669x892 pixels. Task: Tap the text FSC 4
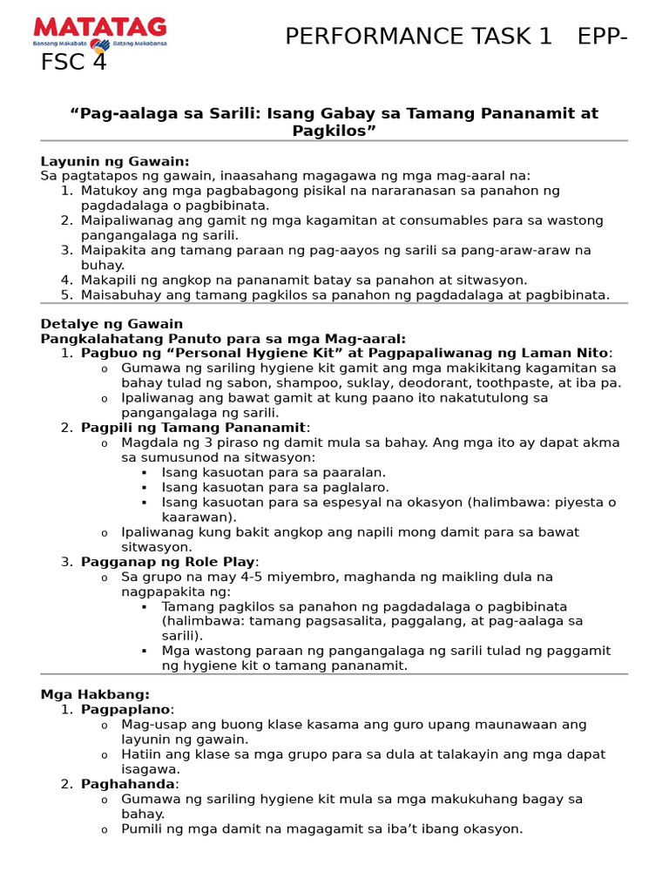(73, 64)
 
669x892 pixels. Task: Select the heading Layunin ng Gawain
(115, 161)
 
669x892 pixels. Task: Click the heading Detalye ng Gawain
(111, 324)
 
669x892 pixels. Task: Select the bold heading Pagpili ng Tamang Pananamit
(193, 428)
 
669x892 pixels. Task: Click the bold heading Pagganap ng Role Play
(169, 562)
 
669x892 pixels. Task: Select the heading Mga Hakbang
(94, 694)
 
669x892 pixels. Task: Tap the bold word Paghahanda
(129, 784)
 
